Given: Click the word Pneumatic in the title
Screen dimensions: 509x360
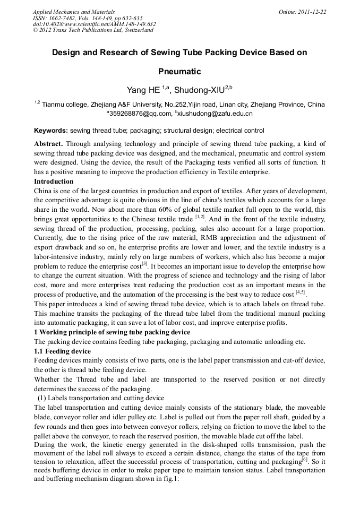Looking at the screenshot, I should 180,71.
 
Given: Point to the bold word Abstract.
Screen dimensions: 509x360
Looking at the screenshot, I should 48,144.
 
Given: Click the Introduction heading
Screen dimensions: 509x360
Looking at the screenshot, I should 54,182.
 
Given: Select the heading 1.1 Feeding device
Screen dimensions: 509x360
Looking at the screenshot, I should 62,351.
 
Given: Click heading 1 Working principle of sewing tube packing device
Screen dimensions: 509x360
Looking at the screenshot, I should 112,332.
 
